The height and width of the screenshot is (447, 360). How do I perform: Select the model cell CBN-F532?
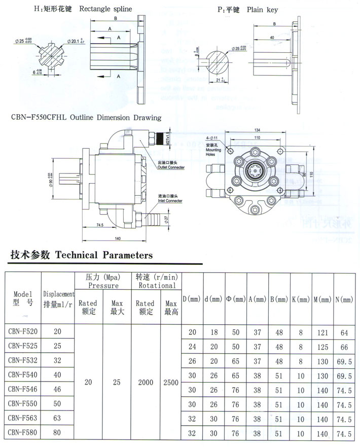coord(23,361)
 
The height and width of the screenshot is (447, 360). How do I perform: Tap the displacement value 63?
coord(57,419)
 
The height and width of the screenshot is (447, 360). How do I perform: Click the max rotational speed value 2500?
coord(171,382)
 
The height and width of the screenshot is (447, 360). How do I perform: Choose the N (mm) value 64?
coord(344,332)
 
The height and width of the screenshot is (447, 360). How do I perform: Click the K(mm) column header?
coord(300,300)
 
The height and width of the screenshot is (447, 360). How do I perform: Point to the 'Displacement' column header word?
coord(59,294)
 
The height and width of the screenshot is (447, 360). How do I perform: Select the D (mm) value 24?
coord(192,347)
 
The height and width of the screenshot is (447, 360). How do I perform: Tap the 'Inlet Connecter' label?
coord(170,200)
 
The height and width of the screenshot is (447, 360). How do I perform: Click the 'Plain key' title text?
coord(262,9)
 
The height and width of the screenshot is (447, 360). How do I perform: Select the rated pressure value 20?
coord(88,382)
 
